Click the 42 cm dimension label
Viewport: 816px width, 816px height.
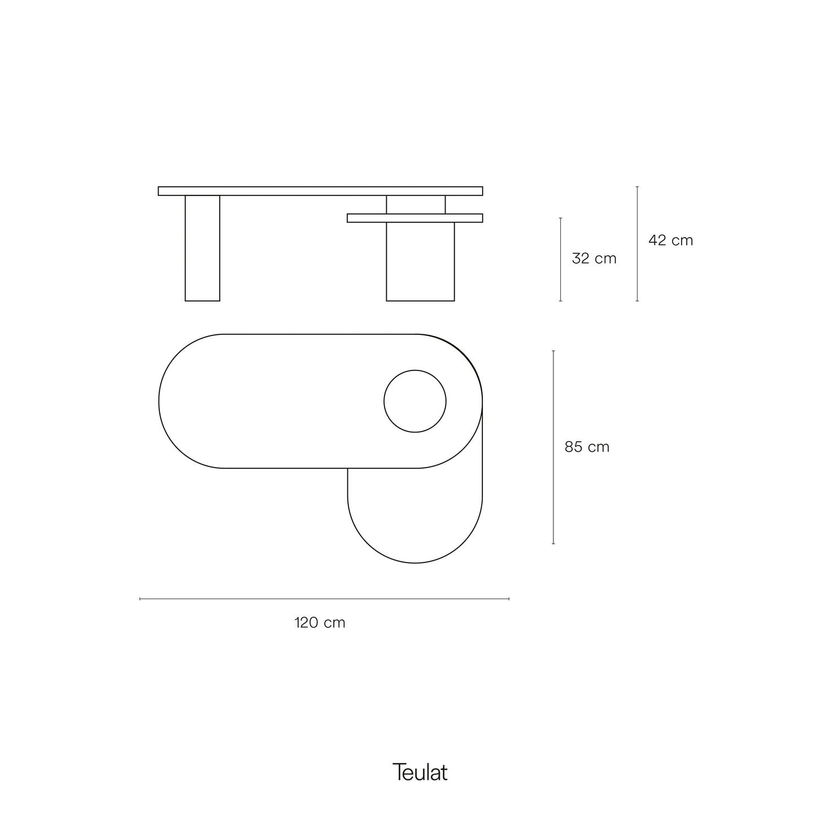click(670, 241)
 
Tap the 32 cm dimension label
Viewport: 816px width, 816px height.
click(594, 258)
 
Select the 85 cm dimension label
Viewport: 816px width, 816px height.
click(587, 447)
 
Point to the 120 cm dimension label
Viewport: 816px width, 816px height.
click(320, 622)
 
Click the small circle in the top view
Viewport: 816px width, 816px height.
click(415, 370)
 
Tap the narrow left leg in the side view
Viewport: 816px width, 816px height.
click(202, 248)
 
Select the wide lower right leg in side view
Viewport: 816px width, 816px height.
click(420, 261)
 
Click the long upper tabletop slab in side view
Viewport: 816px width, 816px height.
click(321, 191)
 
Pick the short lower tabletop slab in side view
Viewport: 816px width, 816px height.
click(415, 218)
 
